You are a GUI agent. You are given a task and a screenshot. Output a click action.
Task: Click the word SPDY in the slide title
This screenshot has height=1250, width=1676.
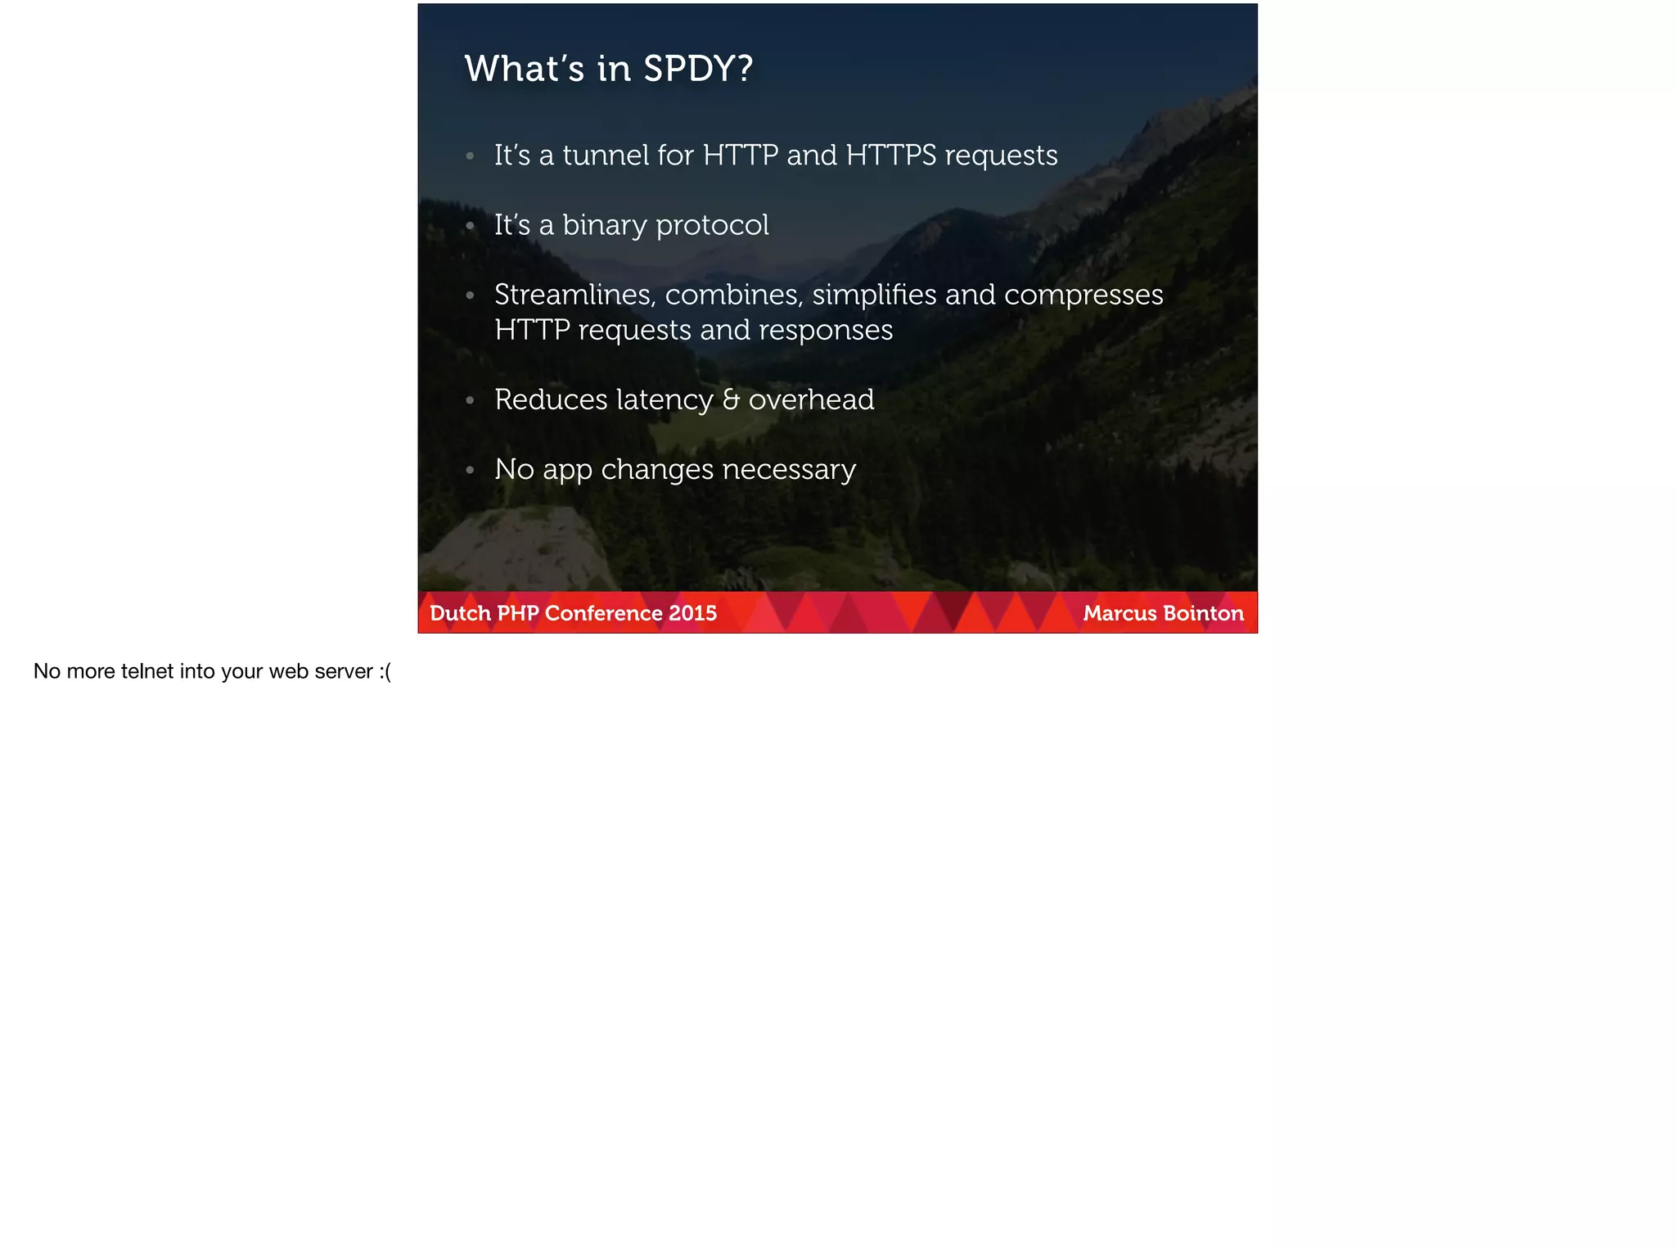[x=697, y=69]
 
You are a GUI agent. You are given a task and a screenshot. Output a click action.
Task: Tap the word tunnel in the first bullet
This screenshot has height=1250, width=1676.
[x=605, y=156]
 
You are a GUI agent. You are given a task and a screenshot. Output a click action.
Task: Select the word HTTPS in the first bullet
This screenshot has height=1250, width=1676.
[x=890, y=156]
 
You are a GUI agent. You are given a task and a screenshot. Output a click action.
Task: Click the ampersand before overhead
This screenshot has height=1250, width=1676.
[x=731, y=399]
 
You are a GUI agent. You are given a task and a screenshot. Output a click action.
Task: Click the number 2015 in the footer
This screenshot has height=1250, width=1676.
[x=692, y=613]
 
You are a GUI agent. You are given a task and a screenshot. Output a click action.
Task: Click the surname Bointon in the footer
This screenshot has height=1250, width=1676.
[x=1206, y=613]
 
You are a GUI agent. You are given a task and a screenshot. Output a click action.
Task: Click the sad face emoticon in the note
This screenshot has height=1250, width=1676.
[x=385, y=671]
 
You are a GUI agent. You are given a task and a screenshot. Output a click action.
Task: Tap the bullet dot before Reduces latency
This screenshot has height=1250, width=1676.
[x=470, y=400]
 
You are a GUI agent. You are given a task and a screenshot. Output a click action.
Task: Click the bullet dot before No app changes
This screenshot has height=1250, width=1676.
[x=470, y=470]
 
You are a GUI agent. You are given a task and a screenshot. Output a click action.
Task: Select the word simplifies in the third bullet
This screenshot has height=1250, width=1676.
[x=874, y=295]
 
